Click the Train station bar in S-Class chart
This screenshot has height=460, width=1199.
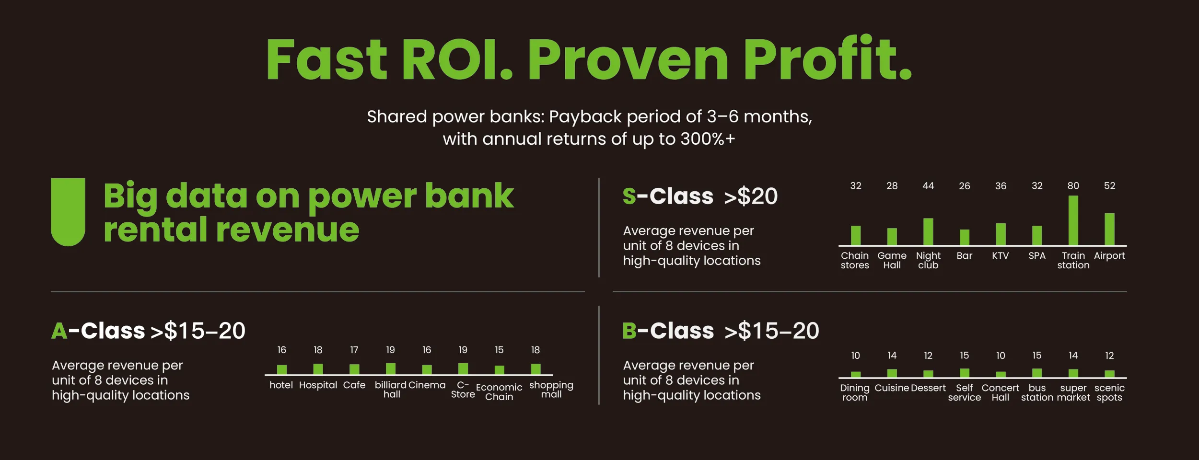[x=1073, y=220]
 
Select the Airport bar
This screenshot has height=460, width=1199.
[x=1109, y=229]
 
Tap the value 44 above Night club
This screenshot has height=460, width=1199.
[x=928, y=186]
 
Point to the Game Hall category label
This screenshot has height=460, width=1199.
[x=892, y=260]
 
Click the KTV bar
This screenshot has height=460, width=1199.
[x=1001, y=234]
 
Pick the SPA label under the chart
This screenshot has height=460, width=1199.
[x=1037, y=256]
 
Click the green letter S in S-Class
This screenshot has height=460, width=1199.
[x=629, y=196]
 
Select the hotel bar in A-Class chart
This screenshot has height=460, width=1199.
[x=282, y=369]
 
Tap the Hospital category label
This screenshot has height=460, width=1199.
[x=318, y=385]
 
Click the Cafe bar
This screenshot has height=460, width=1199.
[x=354, y=369]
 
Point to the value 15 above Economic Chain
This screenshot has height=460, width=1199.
[x=499, y=350]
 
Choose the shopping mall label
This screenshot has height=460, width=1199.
[x=551, y=390]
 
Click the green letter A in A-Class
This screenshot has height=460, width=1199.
[x=59, y=331]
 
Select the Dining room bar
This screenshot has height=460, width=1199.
[x=856, y=374]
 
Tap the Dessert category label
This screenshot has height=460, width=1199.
[x=928, y=388]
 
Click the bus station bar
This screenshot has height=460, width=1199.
[x=1037, y=373]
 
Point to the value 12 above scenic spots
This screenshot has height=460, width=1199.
[x=1109, y=356]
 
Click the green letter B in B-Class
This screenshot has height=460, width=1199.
[x=629, y=331]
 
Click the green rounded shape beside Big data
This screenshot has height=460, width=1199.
[x=68, y=212]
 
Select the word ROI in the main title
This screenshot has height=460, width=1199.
[x=457, y=59]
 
